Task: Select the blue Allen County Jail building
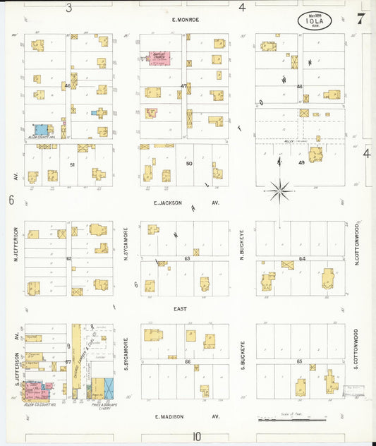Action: pos(42,130)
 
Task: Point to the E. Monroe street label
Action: pos(187,20)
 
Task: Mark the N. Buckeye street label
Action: pos(241,243)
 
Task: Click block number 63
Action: pos(187,259)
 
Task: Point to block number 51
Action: pos(72,164)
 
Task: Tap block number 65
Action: pos(300,361)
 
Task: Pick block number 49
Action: pos(301,163)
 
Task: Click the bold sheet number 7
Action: pos(360,19)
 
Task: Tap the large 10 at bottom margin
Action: pos(198,437)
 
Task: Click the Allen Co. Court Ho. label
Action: pos(40,405)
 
